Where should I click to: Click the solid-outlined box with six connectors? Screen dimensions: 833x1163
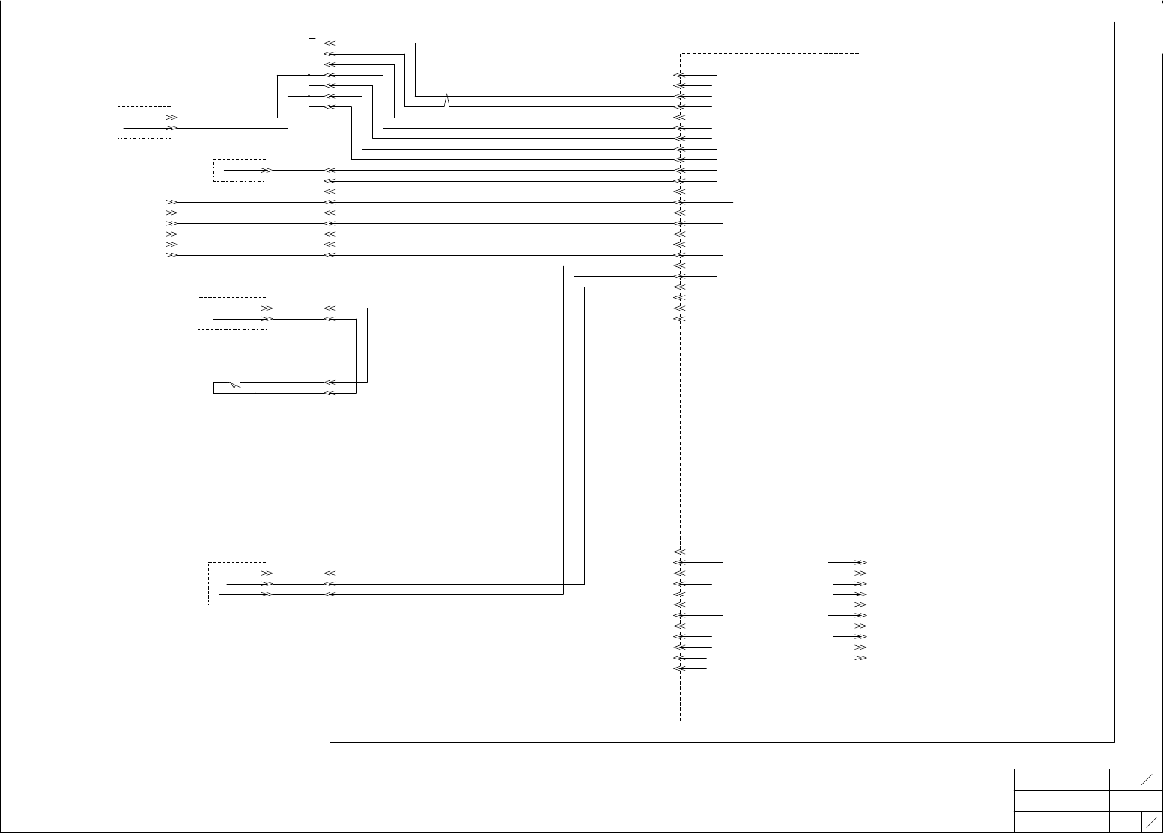pos(145,229)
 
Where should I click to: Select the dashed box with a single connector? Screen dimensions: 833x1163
pos(240,171)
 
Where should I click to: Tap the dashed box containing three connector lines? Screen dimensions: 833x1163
pos(237,584)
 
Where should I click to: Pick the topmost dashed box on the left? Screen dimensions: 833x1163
pos(145,123)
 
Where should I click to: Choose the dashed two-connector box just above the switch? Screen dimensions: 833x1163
pos(232,314)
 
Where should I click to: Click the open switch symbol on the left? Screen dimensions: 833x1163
pos(234,385)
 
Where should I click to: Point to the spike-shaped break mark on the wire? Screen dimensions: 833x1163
pos(447,100)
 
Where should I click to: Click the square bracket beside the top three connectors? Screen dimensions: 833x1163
pos(310,54)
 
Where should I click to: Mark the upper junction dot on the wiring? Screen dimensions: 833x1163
pos(309,75)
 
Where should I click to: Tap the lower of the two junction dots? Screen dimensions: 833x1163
pos(309,97)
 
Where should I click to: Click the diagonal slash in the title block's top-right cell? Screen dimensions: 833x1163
pos(1147,780)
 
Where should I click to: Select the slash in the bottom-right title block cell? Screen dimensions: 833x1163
pos(1152,821)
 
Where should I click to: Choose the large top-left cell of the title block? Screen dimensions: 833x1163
pos(1061,780)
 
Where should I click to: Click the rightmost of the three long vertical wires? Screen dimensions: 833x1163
pos(584,434)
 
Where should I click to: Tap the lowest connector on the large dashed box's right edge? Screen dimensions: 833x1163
pos(861,658)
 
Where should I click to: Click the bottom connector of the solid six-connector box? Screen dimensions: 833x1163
pos(171,256)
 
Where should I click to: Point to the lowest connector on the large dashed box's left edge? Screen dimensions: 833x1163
pos(678,668)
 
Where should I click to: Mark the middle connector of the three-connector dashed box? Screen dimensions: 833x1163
pos(266,584)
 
